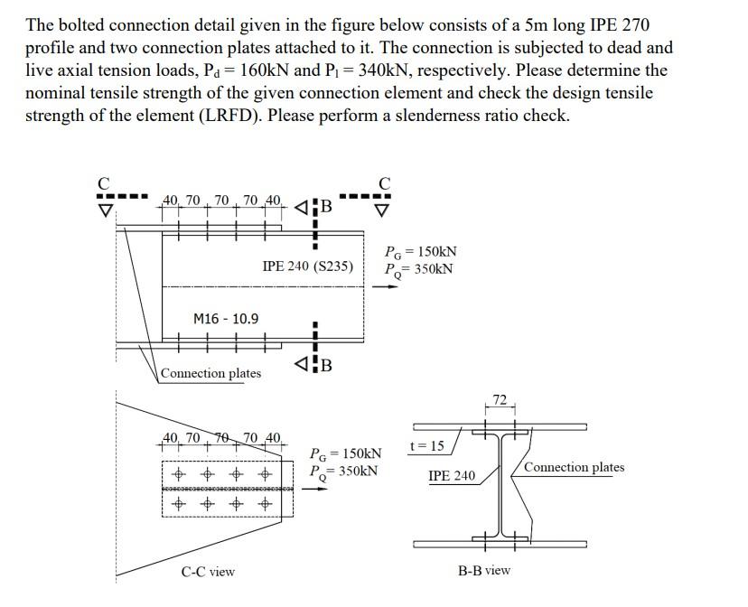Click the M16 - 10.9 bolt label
(x=226, y=319)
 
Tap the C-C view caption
(x=208, y=571)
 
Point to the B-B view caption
(x=483, y=570)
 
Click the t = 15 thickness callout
(x=426, y=445)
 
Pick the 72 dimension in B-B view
(x=500, y=397)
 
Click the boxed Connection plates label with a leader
(x=210, y=373)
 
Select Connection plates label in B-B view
(x=574, y=467)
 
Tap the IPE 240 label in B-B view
(x=451, y=475)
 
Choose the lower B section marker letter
(x=326, y=366)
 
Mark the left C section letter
(x=106, y=182)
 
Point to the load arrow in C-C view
(x=314, y=489)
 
